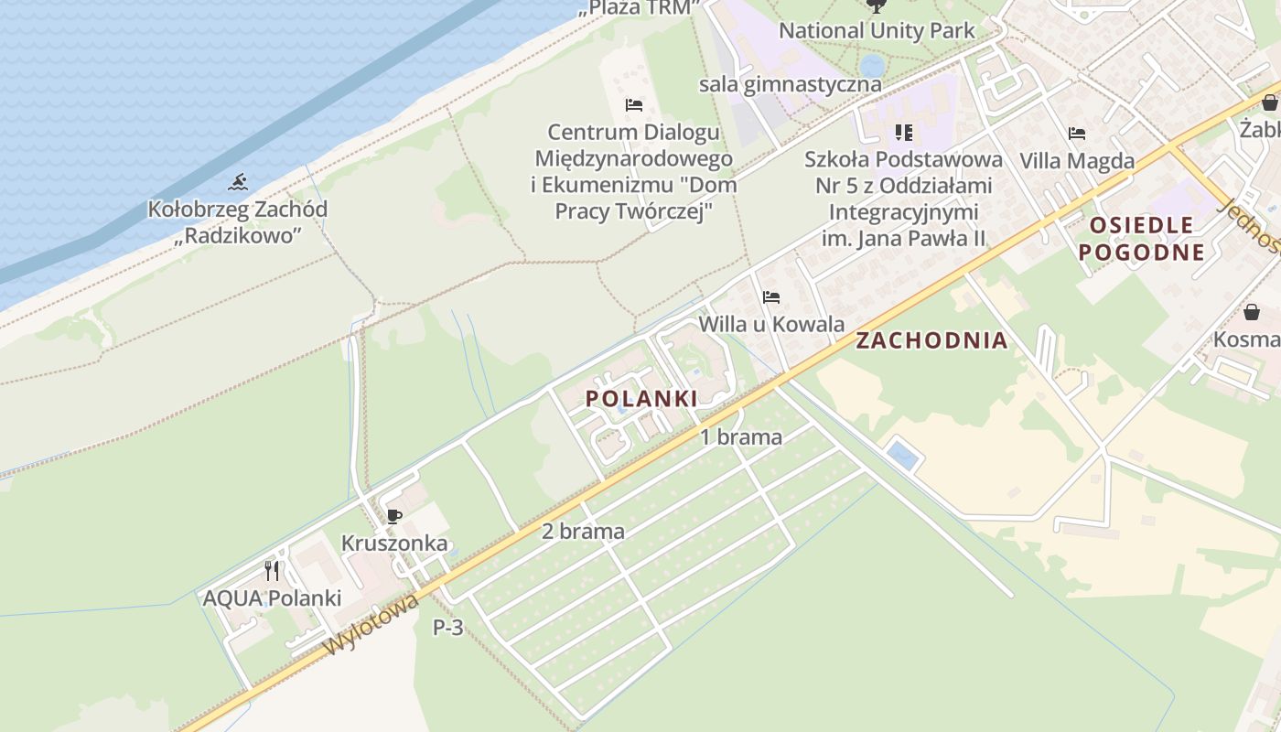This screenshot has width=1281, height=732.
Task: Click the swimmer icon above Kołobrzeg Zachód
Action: point(238,182)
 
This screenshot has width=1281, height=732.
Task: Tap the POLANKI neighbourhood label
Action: point(641,398)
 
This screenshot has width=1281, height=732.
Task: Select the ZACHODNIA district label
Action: point(931,340)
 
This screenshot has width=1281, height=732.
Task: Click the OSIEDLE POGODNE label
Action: point(1141,239)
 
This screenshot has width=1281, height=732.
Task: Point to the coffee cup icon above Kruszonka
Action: point(394,516)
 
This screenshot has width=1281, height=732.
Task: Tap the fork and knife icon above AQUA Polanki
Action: point(272,571)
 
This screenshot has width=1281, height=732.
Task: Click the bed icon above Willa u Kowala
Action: point(771,297)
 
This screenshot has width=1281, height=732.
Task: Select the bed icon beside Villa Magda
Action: point(1077,134)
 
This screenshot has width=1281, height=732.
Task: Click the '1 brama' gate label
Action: point(741,437)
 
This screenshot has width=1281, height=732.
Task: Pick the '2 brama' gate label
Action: point(583,531)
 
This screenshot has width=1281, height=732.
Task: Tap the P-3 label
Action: point(448,628)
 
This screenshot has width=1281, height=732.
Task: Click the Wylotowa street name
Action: point(372,623)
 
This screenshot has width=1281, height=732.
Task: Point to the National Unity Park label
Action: point(877,30)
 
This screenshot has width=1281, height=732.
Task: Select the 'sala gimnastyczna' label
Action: point(790,84)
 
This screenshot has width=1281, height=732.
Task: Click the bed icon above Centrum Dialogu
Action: point(633,104)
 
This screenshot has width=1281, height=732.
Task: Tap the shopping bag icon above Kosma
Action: point(1251,312)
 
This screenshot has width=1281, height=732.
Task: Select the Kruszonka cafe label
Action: point(394,544)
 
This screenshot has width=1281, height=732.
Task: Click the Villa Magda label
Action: point(1077,161)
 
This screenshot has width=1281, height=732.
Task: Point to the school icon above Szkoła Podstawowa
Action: point(904,133)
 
